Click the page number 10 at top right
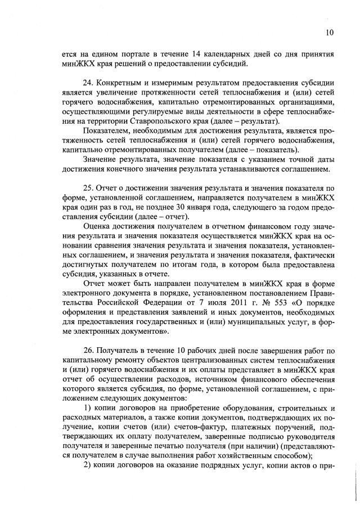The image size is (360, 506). [x=330, y=33]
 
